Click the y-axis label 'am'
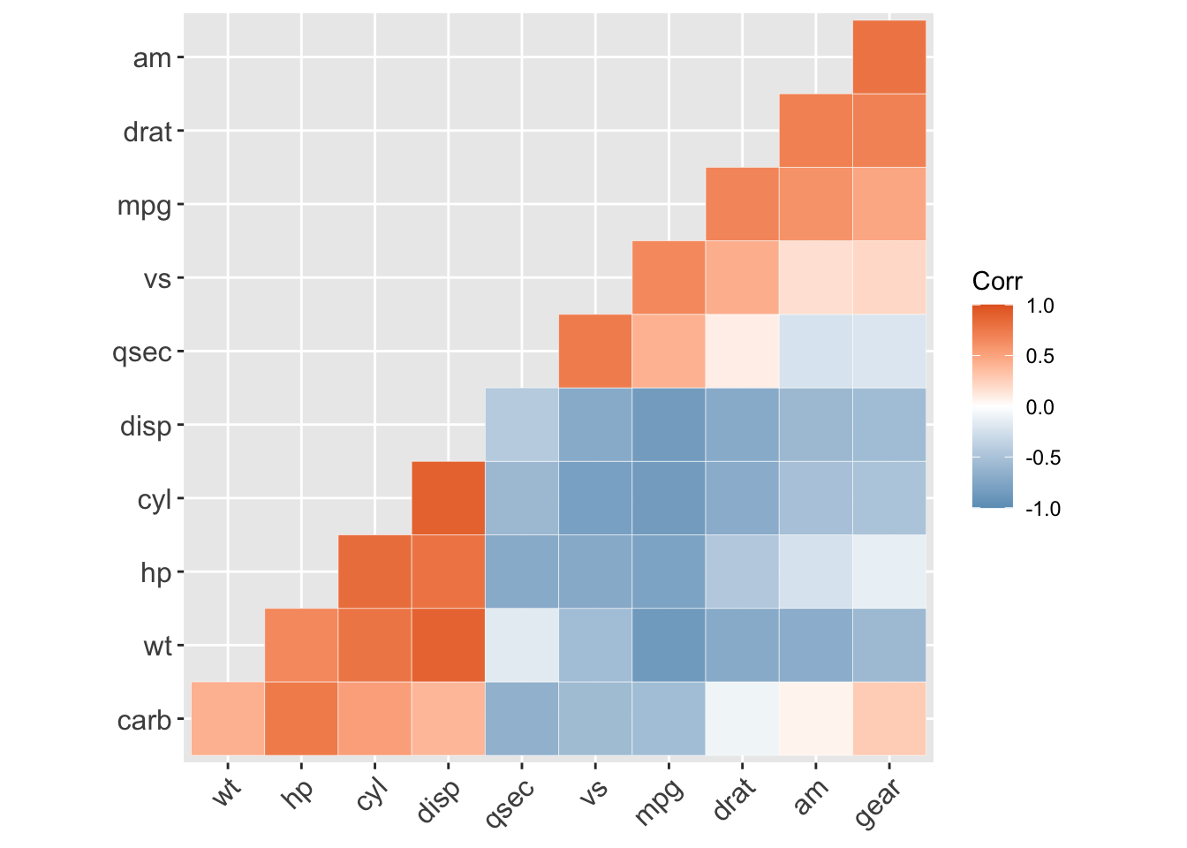pos(151,58)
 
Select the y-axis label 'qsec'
pos(141,352)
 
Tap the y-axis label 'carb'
pos(144,721)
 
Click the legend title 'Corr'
pos(996,282)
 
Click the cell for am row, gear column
pos(889,57)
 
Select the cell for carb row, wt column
pos(228,719)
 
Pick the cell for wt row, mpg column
pos(669,645)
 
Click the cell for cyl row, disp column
pos(449,498)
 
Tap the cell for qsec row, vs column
pos(595,351)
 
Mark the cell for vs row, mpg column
pos(669,277)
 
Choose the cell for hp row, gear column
pos(889,572)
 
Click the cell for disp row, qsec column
pos(522,425)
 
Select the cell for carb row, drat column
pos(742,719)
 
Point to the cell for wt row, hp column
pos(301,645)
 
